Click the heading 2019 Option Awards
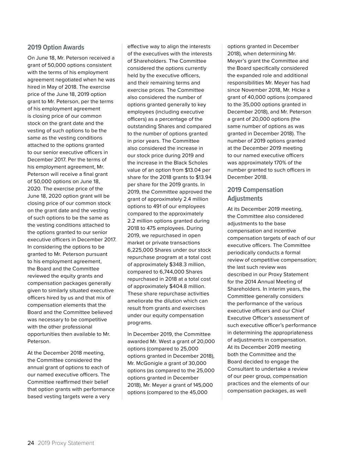pos(56,47)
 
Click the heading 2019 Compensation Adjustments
pos(255,194)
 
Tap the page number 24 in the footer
pos(31,443)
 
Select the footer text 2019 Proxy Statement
pos(66,443)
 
